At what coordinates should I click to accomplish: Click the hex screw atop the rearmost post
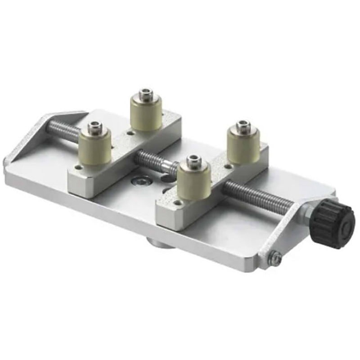pos(146,94)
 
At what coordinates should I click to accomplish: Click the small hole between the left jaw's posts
pos(130,133)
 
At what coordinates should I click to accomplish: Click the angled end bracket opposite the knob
pos(27,144)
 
